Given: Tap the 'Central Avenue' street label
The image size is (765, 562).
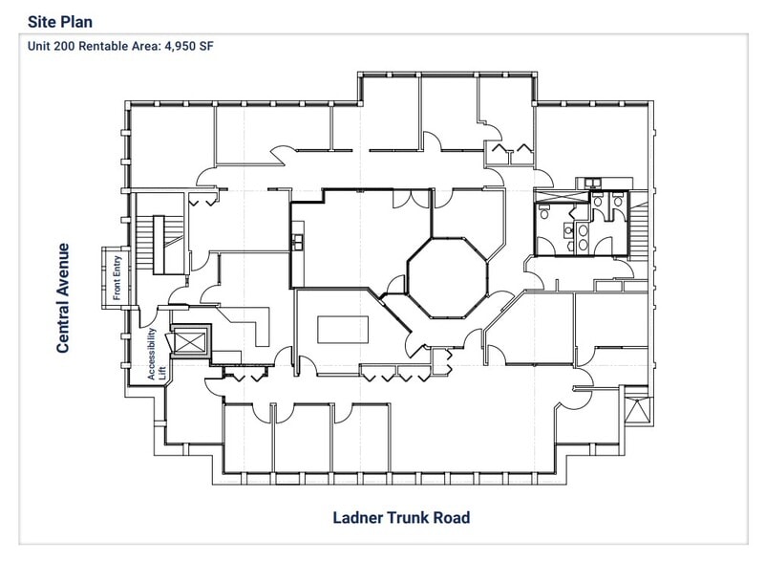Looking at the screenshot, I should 63,297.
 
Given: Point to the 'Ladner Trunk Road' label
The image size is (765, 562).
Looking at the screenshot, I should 401,518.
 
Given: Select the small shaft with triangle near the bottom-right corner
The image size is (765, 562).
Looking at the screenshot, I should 634,409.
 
